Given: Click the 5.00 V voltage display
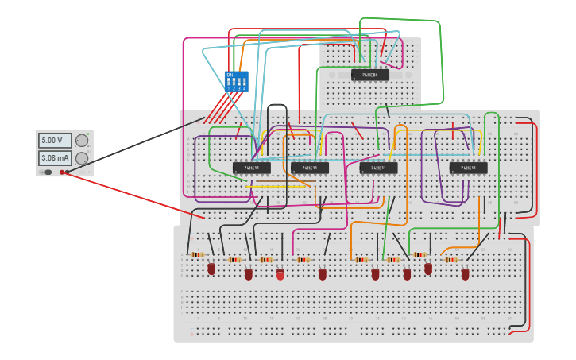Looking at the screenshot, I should [55, 141].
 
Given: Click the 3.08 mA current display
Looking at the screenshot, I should [55, 158].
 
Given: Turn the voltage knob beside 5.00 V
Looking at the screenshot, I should [82, 141].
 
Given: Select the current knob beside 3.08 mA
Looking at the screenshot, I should [82, 158].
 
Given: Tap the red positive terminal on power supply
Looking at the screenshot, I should [62, 172].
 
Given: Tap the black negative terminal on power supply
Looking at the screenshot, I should [68, 172].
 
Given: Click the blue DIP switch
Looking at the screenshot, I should [236, 81].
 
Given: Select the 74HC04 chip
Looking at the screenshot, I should [370, 75].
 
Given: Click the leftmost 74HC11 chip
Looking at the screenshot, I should [252, 168].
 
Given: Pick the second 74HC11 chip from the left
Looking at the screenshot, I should [310, 168].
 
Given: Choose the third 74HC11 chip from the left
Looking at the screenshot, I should [378, 168].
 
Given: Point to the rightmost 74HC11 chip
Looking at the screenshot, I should [468, 168].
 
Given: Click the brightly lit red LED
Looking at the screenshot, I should [280, 274].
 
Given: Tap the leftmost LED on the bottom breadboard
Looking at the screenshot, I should [211, 269].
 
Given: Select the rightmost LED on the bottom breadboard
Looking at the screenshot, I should [465, 274].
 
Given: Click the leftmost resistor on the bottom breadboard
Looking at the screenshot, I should [197, 254].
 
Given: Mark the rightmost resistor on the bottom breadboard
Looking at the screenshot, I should [451, 259].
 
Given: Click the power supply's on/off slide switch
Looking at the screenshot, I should [48, 172].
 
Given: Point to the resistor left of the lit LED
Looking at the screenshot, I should [265, 259].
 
